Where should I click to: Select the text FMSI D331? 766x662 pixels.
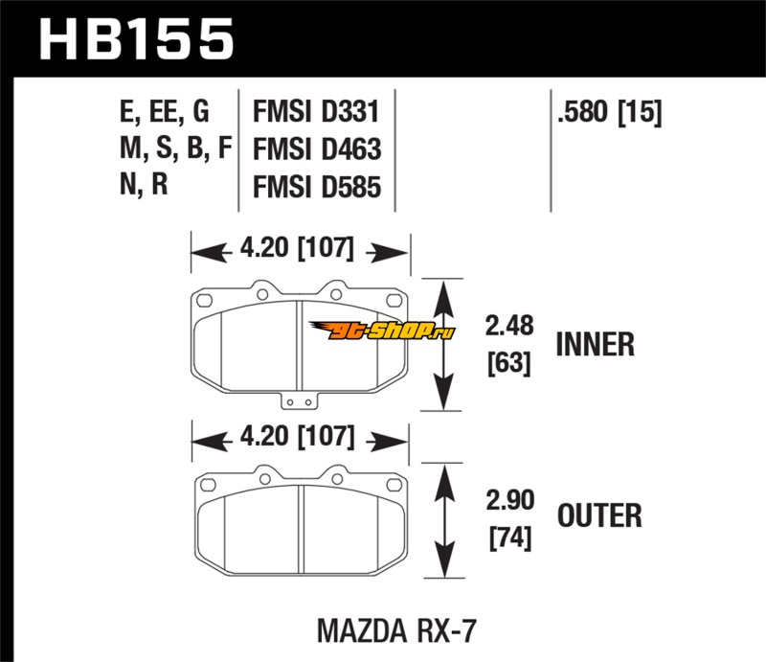(x=316, y=113)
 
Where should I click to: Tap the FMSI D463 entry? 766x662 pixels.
(x=316, y=149)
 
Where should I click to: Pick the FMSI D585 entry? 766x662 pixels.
(x=316, y=186)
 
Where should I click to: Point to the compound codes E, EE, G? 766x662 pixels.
(x=165, y=113)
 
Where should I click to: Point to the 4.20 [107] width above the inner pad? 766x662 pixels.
(x=300, y=252)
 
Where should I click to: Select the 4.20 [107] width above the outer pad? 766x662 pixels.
(x=300, y=440)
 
